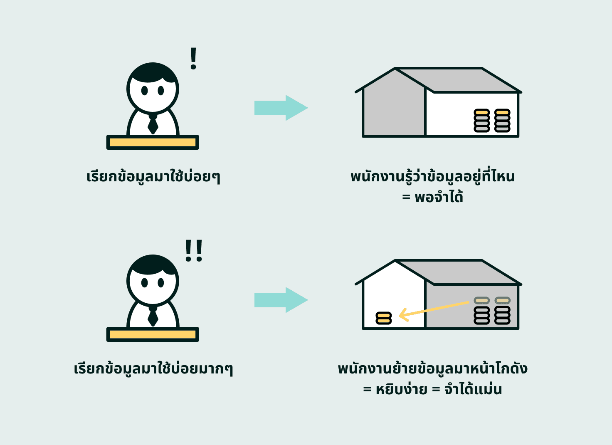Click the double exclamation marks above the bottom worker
tap(194, 250)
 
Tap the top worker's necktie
tap(153, 124)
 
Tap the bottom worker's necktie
tap(153, 316)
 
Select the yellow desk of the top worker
tap(153, 143)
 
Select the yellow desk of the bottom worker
tap(153, 335)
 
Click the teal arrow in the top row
tap(281, 108)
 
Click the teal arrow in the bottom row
tap(281, 300)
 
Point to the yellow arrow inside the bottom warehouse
tap(432, 310)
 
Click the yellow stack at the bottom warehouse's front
tap(383, 318)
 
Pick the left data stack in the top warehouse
tap(482, 121)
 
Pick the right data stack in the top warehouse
tap(502, 121)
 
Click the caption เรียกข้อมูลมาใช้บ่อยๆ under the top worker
tap(153, 177)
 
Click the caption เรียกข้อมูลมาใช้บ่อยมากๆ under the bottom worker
tap(153, 369)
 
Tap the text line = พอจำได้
tap(432, 197)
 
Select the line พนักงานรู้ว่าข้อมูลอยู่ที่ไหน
tap(432, 176)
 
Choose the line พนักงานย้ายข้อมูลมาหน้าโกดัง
tap(432, 369)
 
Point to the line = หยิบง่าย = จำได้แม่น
tap(432, 390)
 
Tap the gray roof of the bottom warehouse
tap(457, 272)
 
